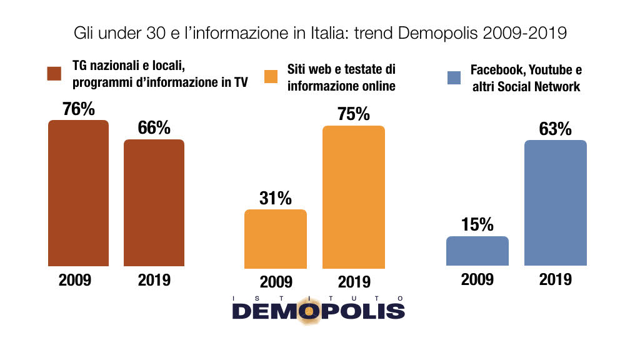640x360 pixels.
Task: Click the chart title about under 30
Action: [x=320, y=33]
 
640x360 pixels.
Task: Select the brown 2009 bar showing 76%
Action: [x=78, y=194]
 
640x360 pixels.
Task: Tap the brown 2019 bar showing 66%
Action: [x=154, y=203]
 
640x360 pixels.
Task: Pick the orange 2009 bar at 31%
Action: [x=276, y=238]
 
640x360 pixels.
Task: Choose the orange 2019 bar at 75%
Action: [x=354, y=197]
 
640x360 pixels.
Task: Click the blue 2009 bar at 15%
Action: [x=477, y=251]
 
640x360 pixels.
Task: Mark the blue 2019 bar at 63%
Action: [x=556, y=203]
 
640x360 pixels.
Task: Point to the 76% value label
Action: [x=79, y=109]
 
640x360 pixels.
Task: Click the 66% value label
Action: [x=154, y=128]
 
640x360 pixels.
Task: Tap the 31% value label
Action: [x=276, y=198]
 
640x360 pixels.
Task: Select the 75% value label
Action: [x=354, y=114]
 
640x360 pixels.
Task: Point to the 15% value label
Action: [x=477, y=225]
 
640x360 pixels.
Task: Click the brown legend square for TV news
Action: [x=54, y=74]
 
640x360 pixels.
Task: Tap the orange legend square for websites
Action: [x=271, y=77]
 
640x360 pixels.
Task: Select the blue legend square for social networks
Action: [x=454, y=78]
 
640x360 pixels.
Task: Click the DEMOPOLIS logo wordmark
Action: [x=319, y=311]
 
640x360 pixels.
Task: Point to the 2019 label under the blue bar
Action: [x=556, y=279]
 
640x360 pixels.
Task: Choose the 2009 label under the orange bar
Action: [x=276, y=282]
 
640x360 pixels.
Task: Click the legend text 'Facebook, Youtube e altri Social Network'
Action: [x=526, y=78]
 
